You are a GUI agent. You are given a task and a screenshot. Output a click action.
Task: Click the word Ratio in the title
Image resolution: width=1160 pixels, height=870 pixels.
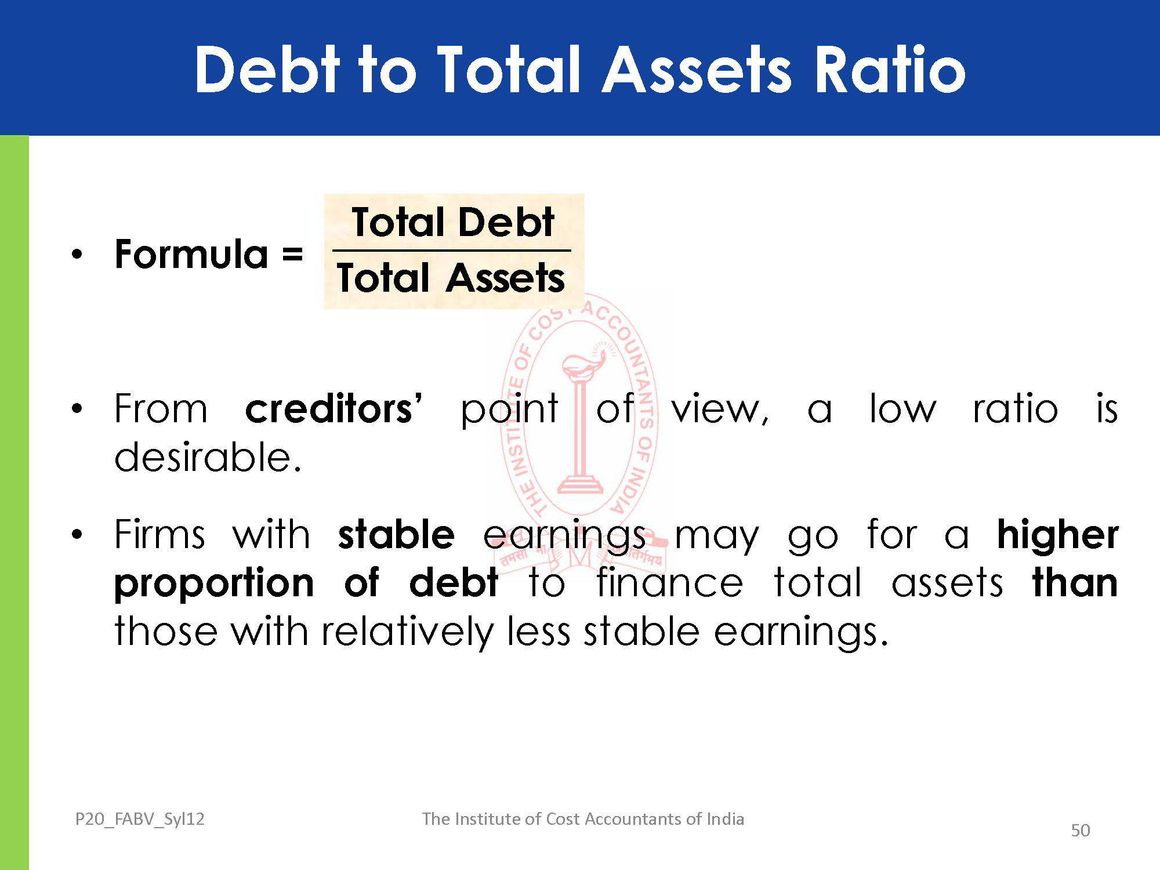890,70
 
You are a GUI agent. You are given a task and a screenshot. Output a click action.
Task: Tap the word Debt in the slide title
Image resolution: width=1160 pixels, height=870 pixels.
267,70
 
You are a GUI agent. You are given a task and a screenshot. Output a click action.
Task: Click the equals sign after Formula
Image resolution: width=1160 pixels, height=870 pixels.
293,255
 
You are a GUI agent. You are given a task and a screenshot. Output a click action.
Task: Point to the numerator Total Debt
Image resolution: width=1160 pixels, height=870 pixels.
453,222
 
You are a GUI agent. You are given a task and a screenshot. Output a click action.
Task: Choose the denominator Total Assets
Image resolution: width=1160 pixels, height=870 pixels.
451,277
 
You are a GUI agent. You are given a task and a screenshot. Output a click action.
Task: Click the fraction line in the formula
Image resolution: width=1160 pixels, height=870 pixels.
451,251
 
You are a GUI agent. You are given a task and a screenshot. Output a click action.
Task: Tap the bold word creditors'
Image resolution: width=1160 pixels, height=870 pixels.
333,408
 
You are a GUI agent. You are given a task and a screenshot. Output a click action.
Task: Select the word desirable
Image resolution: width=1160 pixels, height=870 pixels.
208,457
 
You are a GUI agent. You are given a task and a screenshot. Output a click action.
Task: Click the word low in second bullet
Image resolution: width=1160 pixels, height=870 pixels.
902,408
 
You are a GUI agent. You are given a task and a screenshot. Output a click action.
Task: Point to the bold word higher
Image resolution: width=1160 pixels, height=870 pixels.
1057,535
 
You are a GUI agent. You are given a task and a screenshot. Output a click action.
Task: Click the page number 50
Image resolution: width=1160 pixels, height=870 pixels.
1080,831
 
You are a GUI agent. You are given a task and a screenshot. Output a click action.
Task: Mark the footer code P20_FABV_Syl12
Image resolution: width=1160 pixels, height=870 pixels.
140,819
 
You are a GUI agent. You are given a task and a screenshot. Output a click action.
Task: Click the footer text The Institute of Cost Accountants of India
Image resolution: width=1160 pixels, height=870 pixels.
583,818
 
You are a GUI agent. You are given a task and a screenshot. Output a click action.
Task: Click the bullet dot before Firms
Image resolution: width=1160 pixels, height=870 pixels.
77,534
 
